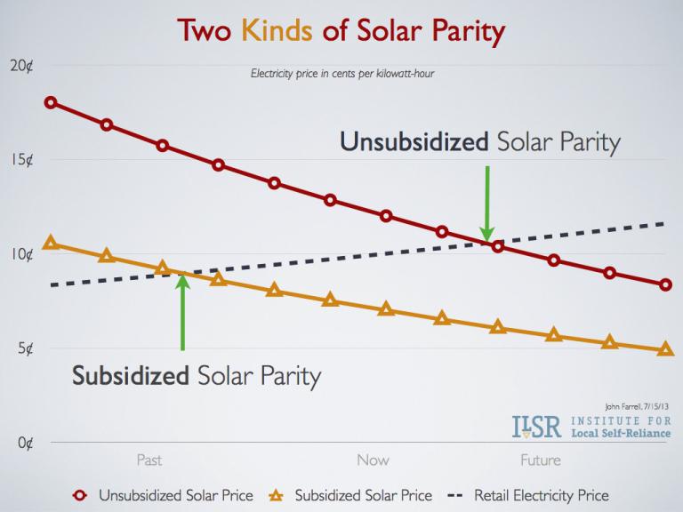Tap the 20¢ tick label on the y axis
23,67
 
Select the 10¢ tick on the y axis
23,255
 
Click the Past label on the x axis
149,460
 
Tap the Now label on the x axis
373,460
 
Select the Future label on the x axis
540,460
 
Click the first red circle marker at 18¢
51,102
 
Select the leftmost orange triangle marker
51,243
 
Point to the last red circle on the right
666,285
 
